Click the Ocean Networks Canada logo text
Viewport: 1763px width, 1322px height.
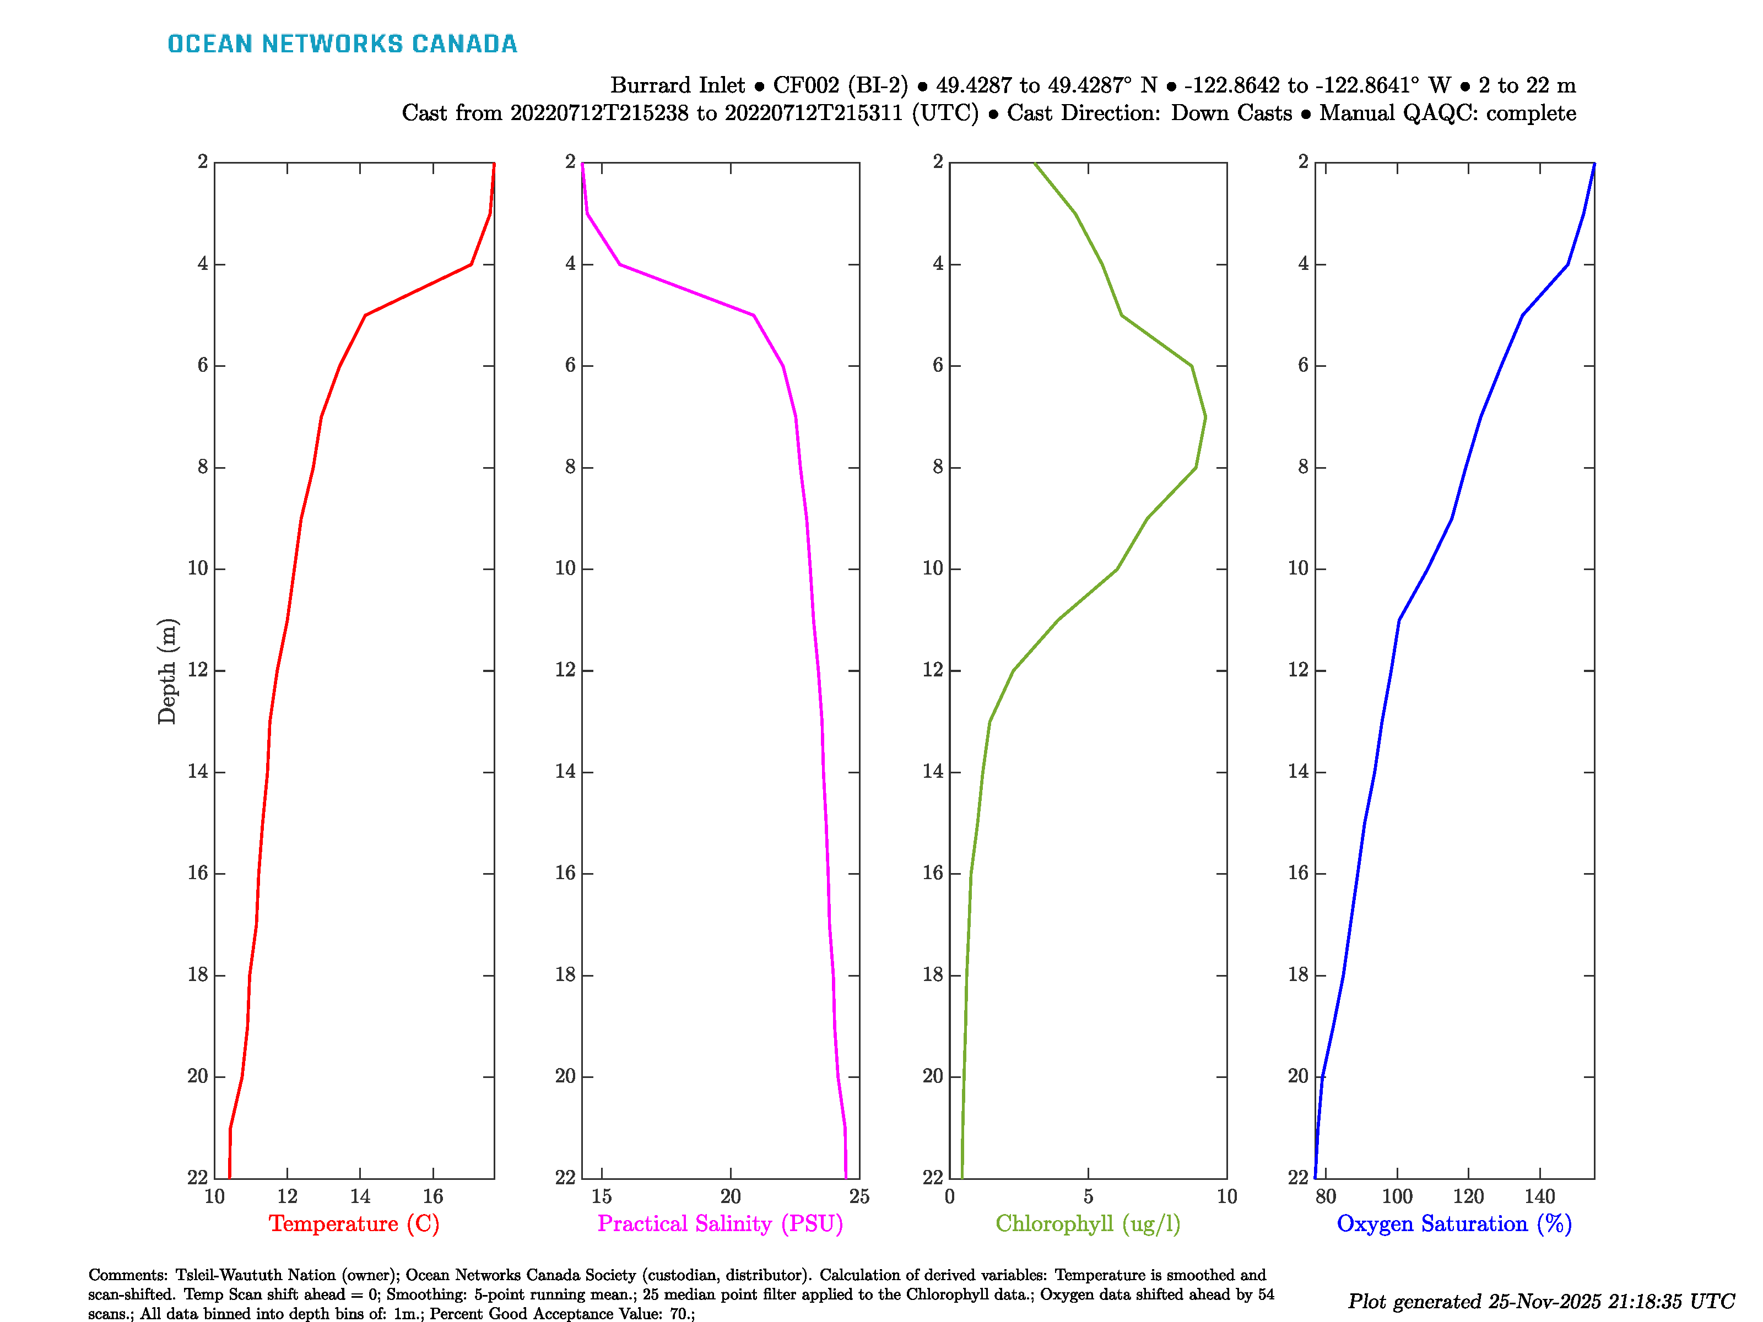[342, 44]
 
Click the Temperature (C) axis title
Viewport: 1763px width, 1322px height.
[354, 1223]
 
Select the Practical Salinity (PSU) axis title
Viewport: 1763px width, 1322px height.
[720, 1223]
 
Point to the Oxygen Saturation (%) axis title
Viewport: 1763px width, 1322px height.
[1454, 1223]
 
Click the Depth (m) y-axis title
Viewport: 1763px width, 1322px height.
[166, 671]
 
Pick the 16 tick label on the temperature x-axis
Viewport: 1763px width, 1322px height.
[433, 1196]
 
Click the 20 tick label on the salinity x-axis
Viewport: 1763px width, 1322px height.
[730, 1196]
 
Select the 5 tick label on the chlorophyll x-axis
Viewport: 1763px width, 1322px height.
[1088, 1196]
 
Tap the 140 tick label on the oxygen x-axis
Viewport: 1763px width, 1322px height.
[1539, 1196]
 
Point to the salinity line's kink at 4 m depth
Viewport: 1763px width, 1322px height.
[620, 264]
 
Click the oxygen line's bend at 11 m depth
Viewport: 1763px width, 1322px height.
[1399, 620]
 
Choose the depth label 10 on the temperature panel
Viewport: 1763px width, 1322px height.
[198, 568]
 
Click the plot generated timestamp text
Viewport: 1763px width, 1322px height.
[1540, 1301]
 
